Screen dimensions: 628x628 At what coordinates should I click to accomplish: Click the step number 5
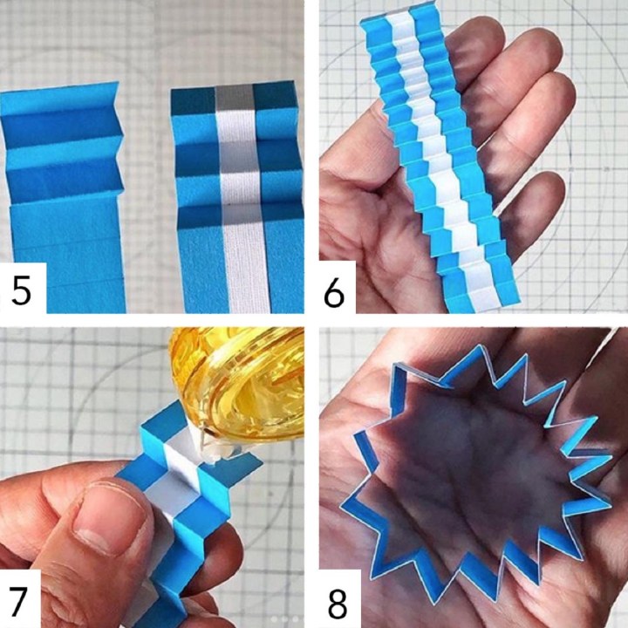[x=21, y=290]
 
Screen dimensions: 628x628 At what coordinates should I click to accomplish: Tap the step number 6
[x=333, y=292]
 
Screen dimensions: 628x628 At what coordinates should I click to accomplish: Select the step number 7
[x=17, y=601]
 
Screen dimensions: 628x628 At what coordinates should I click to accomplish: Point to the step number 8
[x=338, y=604]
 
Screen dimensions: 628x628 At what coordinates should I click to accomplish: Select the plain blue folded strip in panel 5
[x=62, y=196]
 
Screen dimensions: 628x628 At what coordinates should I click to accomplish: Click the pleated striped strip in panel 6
[x=437, y=160]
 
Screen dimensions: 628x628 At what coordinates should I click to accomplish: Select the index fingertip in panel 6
[x=476, y=40]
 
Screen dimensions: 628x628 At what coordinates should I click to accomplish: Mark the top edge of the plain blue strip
[x=59, y=88]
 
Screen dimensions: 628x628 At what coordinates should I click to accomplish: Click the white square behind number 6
[x=338, y=287]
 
